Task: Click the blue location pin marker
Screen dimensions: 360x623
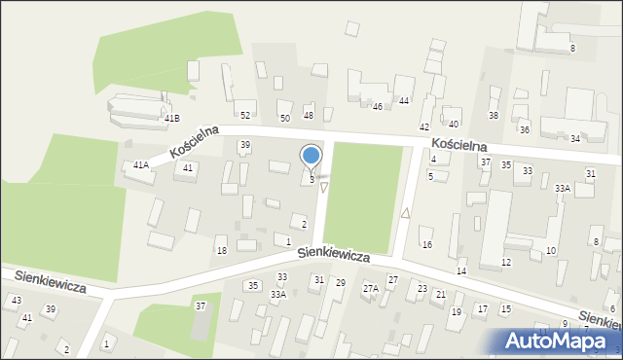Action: coord(311,157)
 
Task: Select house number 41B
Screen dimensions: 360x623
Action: coord(172,119)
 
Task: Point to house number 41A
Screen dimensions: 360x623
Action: coord(141,165)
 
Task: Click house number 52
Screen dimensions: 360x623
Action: coord(245,116)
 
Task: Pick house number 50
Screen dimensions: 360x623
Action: coord(284,118)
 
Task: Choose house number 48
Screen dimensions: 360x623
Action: coord(309,116)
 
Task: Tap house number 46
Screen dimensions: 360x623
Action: coord(378,106)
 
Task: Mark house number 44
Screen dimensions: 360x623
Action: coord(403,101)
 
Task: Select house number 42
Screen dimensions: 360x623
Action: coord(424,127)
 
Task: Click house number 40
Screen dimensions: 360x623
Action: coord(454,124)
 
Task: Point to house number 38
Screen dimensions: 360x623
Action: coord(494,116)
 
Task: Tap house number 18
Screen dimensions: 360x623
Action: coord(221,251)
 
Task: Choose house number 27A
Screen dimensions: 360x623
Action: coord(371,289)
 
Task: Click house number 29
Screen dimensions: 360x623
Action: coord(340,283)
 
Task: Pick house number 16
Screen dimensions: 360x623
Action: coord(426,244)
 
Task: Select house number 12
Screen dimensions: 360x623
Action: coord(506,263)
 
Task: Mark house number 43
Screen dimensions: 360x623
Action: coord(17,301)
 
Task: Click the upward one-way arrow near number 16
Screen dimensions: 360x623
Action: coord(405,212)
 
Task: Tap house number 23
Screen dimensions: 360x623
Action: coord(422,289)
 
